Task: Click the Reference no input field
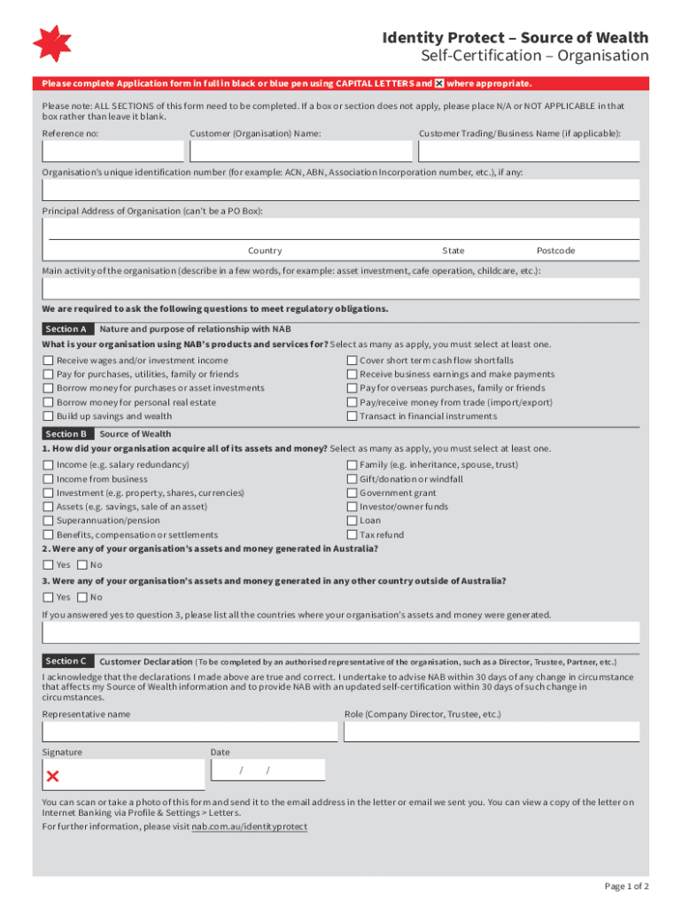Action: tap(112, 151)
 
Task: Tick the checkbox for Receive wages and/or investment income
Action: tap(48, 360)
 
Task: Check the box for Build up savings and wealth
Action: tap(48, 416)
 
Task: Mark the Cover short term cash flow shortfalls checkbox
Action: tap(352, 360)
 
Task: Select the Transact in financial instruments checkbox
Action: tap(352, 416)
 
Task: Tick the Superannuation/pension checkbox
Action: tap(48, 521)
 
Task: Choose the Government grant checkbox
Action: tap(352, 493)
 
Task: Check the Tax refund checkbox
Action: tap(352, 535)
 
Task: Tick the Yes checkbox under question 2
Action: tap(48, 565)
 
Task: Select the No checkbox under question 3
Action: tap(82, 597)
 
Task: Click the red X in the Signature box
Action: tap(52, 777)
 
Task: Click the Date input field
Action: tap(267, 770)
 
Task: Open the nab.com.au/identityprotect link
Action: tap(250, 826)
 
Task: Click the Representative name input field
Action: tap(190, 732)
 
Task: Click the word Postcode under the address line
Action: tap(555, 251)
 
